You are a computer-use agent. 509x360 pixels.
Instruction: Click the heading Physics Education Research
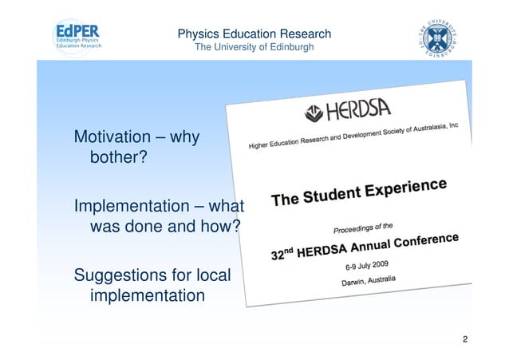point(254,34)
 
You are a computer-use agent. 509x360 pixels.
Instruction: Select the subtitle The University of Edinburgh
point(254,49)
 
